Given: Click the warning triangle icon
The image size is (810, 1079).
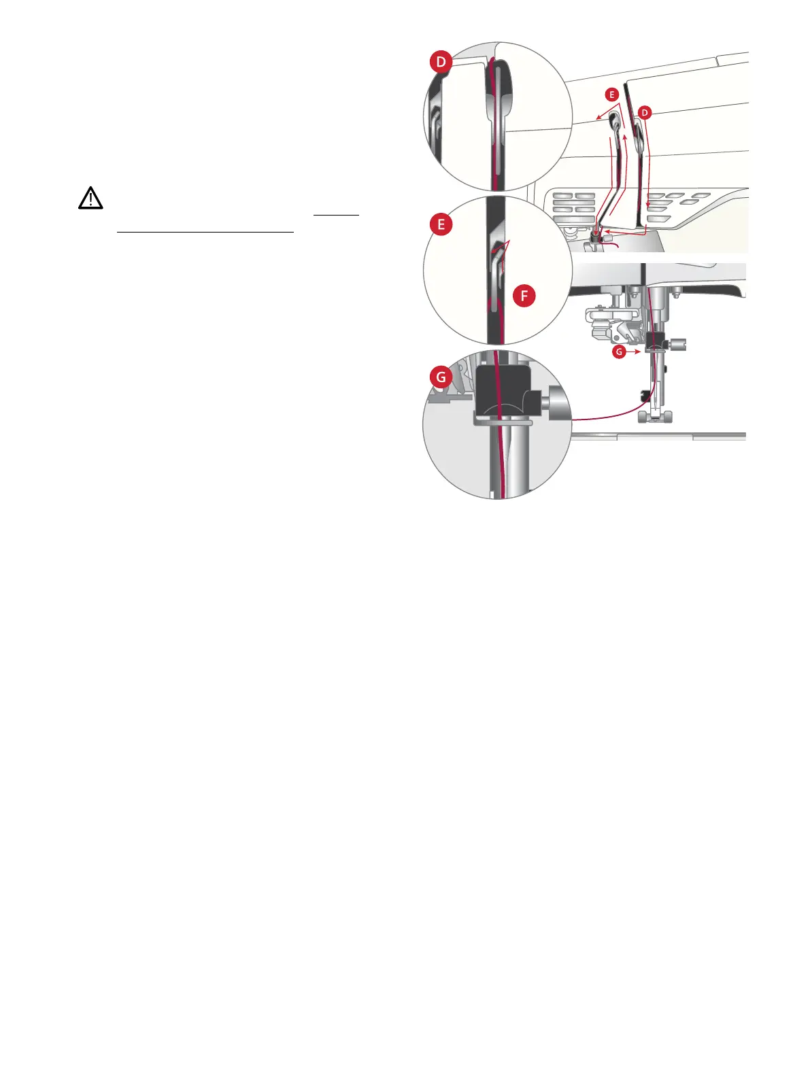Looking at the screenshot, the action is [90, 198].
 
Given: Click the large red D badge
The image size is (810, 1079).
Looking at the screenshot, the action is [441, 63].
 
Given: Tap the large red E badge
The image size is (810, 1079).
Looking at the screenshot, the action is [441, 224].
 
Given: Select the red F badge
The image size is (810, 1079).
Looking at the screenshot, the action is [524, 296].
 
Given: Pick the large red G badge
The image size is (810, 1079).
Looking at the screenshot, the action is [441, 376].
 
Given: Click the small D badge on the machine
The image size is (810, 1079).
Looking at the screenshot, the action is [645, 112].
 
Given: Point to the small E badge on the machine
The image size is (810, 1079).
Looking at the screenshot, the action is [611, 95].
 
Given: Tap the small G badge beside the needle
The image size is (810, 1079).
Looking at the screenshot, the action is [619, 352].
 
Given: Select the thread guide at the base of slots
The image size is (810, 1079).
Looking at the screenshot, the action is [596, 235].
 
